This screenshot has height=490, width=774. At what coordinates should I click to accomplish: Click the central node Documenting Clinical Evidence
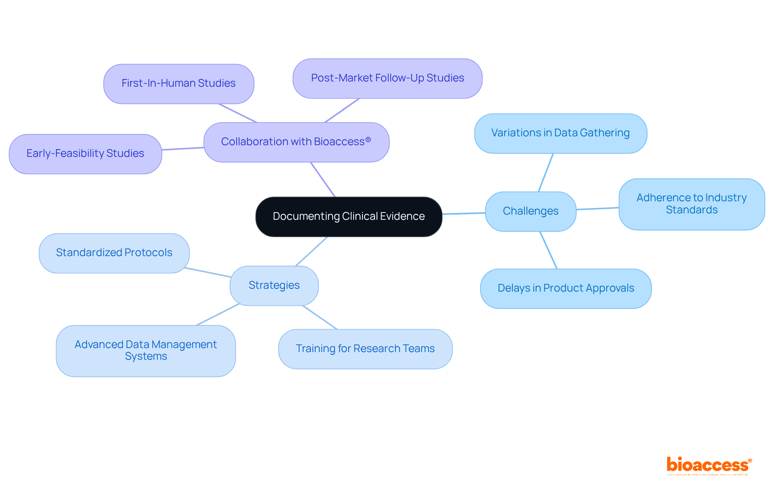click(349, 217)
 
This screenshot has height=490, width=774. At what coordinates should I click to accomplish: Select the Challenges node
click(531, 211)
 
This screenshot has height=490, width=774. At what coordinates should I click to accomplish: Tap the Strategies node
click(274, 286)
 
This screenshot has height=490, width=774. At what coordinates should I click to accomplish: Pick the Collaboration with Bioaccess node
click(296, 142)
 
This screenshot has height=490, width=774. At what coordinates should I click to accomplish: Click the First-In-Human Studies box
click(179, 83)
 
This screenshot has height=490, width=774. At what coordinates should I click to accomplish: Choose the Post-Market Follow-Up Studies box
click(387, 78)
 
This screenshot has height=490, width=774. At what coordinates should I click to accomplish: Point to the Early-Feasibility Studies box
click(85, 154)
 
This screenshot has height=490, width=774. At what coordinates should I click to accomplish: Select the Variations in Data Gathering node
click(560, 133)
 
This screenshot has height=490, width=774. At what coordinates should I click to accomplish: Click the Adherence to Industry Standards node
click(691, 204)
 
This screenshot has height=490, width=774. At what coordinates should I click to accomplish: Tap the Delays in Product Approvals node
click(566, 288)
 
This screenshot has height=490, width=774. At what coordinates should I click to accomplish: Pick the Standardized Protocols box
click(114, 253)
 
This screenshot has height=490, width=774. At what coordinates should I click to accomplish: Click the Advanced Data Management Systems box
click(146, 350)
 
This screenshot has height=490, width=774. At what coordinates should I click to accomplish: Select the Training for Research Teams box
click(365, 349)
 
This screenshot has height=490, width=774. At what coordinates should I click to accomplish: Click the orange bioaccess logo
click(709, 465)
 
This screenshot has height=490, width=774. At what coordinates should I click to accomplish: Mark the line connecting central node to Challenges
click(464, 213)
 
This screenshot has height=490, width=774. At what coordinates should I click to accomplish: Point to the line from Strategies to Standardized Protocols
click(208, 272)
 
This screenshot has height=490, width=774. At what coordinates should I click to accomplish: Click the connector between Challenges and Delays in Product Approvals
click(549, 250)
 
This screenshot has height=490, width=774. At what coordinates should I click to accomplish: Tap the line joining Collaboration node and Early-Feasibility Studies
click(183, 149)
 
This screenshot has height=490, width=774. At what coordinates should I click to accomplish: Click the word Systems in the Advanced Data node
click(146, 357)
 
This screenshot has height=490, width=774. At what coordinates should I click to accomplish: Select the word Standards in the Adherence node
click(691, 210)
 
